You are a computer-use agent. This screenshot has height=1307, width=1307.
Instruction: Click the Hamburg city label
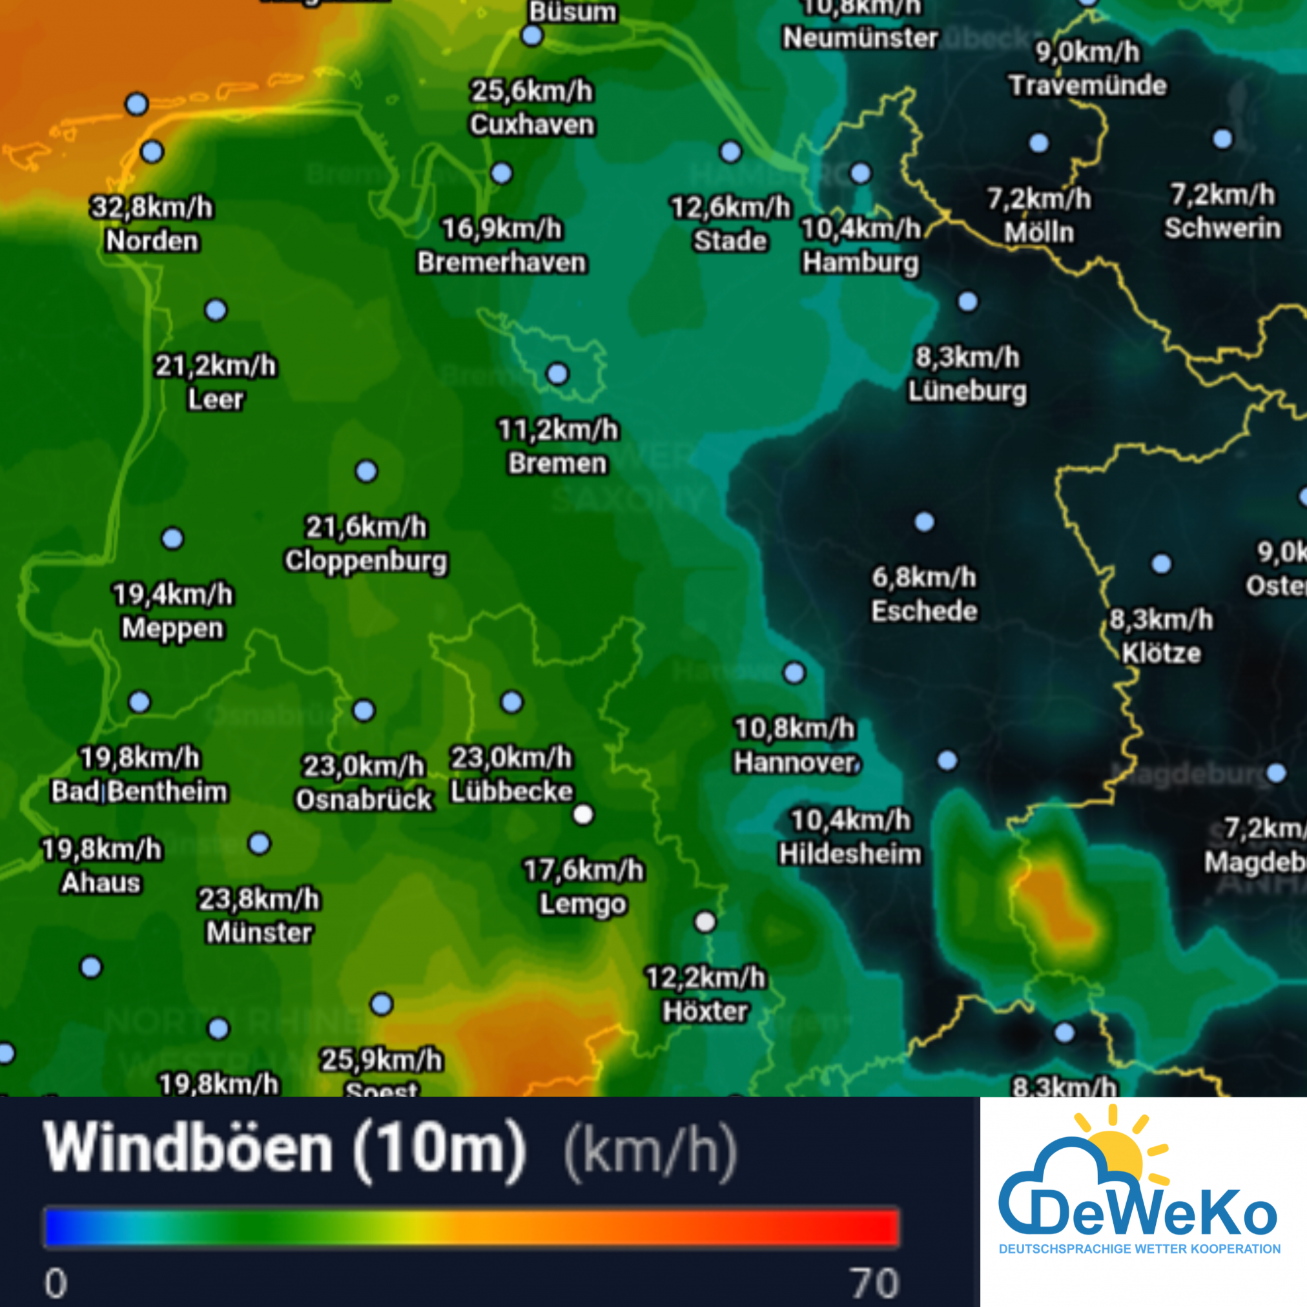click(860, 262)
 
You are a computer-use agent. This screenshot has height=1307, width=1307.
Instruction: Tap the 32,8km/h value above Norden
click(152, 208)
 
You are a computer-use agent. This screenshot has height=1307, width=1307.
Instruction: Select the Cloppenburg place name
click(366, 561)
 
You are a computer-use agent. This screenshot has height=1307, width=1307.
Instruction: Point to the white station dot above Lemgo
click(583, 814)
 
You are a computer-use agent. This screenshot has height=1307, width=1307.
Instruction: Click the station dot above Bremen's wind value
click(557, 373)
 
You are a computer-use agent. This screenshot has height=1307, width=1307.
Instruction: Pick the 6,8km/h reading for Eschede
click(923, 578)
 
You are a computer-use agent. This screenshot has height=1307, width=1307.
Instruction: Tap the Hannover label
click(796, 763)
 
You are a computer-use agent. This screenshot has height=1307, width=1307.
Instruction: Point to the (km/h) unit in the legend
click(650, 1151)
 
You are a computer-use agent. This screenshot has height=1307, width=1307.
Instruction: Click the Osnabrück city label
click(364, 799)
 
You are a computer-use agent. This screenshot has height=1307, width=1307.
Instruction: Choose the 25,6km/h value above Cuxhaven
click(531, 90)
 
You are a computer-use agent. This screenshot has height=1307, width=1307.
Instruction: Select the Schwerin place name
click(1222, 228)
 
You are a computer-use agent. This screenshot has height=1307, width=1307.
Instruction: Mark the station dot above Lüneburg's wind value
click(968, 302)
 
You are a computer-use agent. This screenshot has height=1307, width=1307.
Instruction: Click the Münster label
click(259, 933)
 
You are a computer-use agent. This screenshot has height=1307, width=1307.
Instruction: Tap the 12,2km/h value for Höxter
click(706, 978)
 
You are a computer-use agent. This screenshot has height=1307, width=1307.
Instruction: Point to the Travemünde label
click(1088, 85)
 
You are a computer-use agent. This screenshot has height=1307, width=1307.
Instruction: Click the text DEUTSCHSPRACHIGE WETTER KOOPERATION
click(1140, 1249)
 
